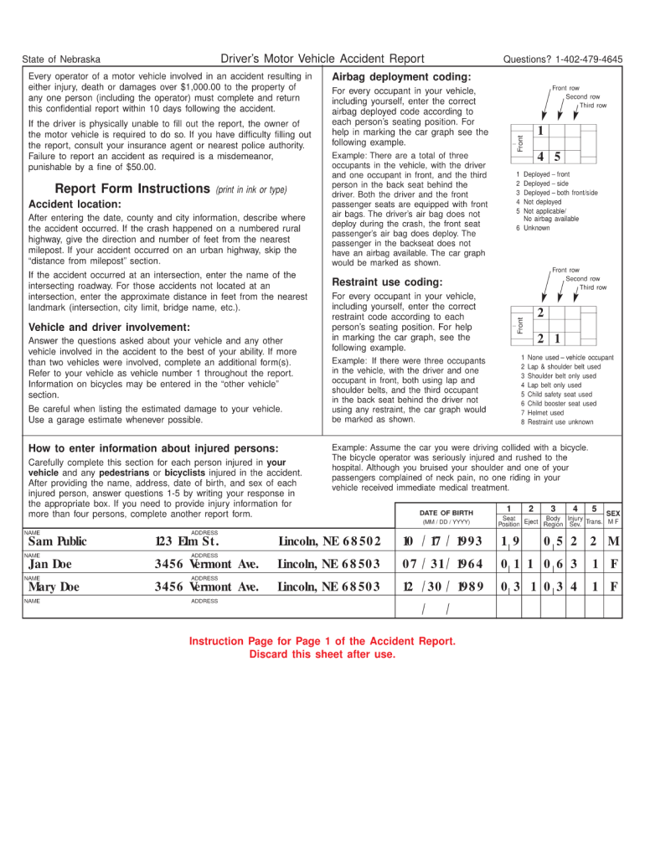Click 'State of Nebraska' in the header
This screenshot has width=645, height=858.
point(61,59)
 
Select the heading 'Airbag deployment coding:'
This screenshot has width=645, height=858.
point(401,77)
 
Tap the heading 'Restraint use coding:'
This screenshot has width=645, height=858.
point(387,282)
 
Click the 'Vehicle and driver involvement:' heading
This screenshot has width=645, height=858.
point(109,327)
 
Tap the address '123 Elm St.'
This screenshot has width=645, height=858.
point(187,541)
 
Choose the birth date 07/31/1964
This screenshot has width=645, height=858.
point(442,564)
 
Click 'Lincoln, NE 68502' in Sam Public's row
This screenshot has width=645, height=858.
point(329,541)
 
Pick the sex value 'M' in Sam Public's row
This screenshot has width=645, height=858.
point(613,541)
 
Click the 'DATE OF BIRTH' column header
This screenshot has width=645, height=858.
point(446,513)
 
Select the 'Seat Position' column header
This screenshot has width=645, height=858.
point(508,521)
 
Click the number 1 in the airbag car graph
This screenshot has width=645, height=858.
point(540,132)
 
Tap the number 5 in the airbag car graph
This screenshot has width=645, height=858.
point(557,157)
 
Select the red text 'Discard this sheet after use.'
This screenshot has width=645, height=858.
point(322,654)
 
